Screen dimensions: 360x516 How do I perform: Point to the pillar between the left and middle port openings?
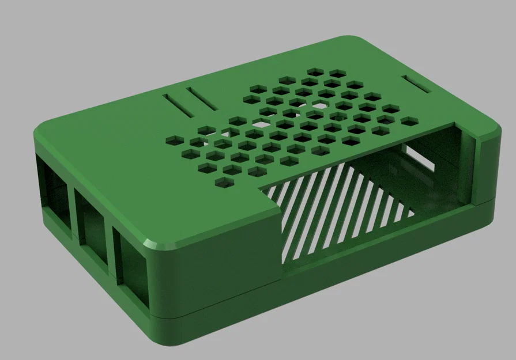pos(71,207)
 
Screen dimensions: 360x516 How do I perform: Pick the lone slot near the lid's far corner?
pos(417,84)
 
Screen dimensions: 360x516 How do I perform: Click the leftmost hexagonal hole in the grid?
pos(172,140)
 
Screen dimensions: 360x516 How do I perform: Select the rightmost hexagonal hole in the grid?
pos(409,122)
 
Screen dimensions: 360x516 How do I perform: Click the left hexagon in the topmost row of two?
pos(315,71)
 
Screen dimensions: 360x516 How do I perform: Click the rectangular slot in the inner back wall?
pos(420,158)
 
